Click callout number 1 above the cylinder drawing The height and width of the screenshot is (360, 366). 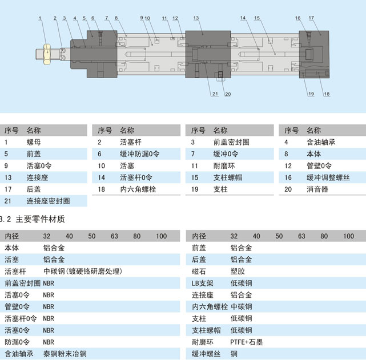[41, 19]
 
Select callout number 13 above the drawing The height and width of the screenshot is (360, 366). [196, 18]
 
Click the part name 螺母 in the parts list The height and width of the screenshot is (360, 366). [34, 142]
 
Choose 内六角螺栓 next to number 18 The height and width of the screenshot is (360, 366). [138, 189]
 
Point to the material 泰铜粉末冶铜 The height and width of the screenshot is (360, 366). [65, 354]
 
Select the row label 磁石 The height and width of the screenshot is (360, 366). [199, 271]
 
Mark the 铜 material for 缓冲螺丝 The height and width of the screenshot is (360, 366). [234, 354]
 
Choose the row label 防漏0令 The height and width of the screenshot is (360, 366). [17, 342]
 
